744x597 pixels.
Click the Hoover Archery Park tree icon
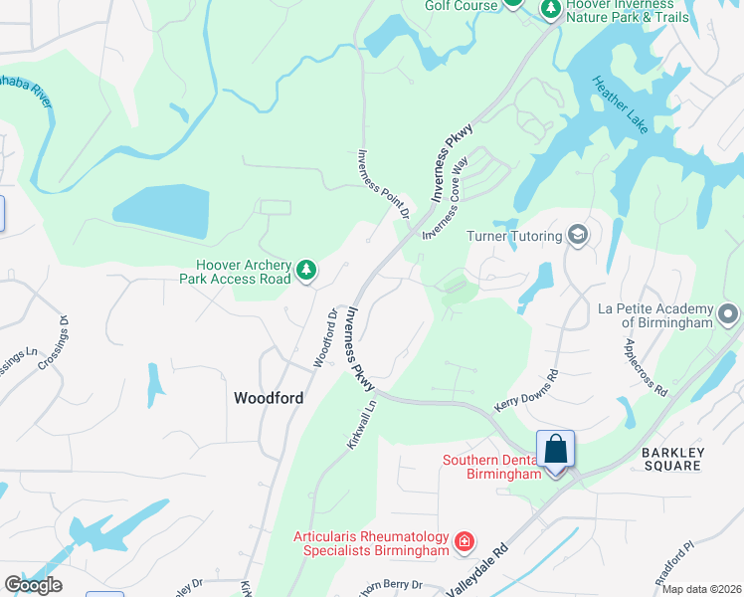(x=307, y=269)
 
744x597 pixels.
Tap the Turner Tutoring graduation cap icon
(x=577, y=235)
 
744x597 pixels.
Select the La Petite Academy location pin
(x=728, y=315)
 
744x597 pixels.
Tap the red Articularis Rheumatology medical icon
(x=464, y=542)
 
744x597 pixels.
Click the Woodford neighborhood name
(x=268, y=397)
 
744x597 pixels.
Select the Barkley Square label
(x=672, y=460)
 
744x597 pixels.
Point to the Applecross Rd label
(x=646, y=368)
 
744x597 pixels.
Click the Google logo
(x=33, y=584)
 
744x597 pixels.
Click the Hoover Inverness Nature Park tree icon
(x=550, y=8)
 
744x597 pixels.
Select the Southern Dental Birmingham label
(x=492, y=467)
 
